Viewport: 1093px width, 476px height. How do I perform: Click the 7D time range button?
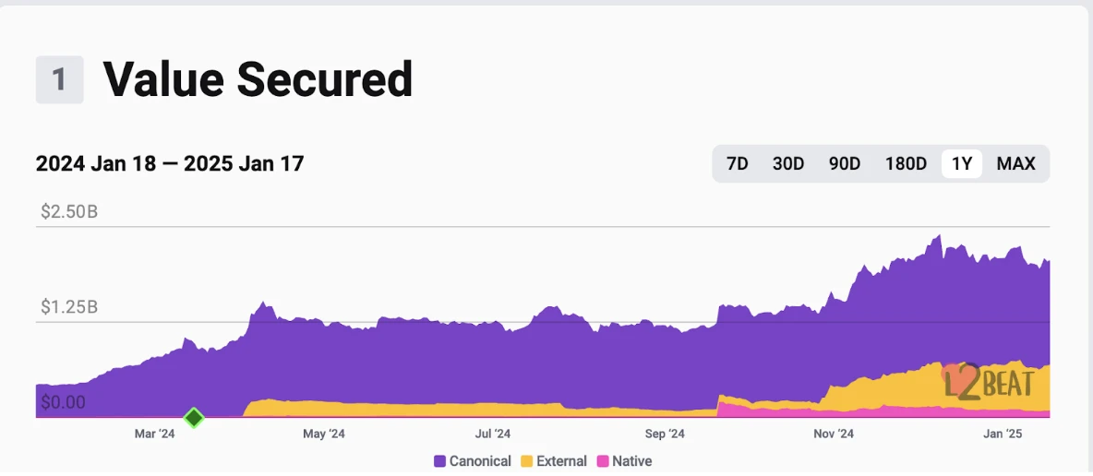[x=737, y=164]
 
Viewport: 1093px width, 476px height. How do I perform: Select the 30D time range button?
[x=787, y=164]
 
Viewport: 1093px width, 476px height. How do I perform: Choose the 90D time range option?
[x=844, y=164]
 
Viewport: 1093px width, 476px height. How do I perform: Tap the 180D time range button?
[x=906, y=164]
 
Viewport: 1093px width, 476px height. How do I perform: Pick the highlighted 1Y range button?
[x=962, y=164]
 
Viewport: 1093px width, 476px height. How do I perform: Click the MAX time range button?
[x=1015, y=164]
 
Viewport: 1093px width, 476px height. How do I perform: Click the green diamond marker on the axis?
[x=194, y=418]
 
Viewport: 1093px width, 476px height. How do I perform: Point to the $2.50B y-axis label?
[x=69, y=212]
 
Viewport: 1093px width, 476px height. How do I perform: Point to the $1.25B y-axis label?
[x=69, y=306]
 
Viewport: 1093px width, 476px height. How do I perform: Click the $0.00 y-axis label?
[x=63, y=402]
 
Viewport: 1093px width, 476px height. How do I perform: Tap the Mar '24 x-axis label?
[x=154, y=434]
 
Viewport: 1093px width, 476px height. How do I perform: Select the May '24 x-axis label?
[x=324, y=434]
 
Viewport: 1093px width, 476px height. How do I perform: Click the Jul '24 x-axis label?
[x=493, y=434]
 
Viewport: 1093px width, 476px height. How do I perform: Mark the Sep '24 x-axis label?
[x=665, y=434]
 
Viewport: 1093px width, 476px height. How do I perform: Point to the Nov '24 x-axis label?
[x=835, y=434]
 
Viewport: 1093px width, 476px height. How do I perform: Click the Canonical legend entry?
[x=473, y=460]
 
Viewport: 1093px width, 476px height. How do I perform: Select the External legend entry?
[x=554, y=460]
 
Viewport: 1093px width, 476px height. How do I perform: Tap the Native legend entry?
[x=625, y=460]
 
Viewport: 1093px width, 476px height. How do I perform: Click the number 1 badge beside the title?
[x=59, y=79]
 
